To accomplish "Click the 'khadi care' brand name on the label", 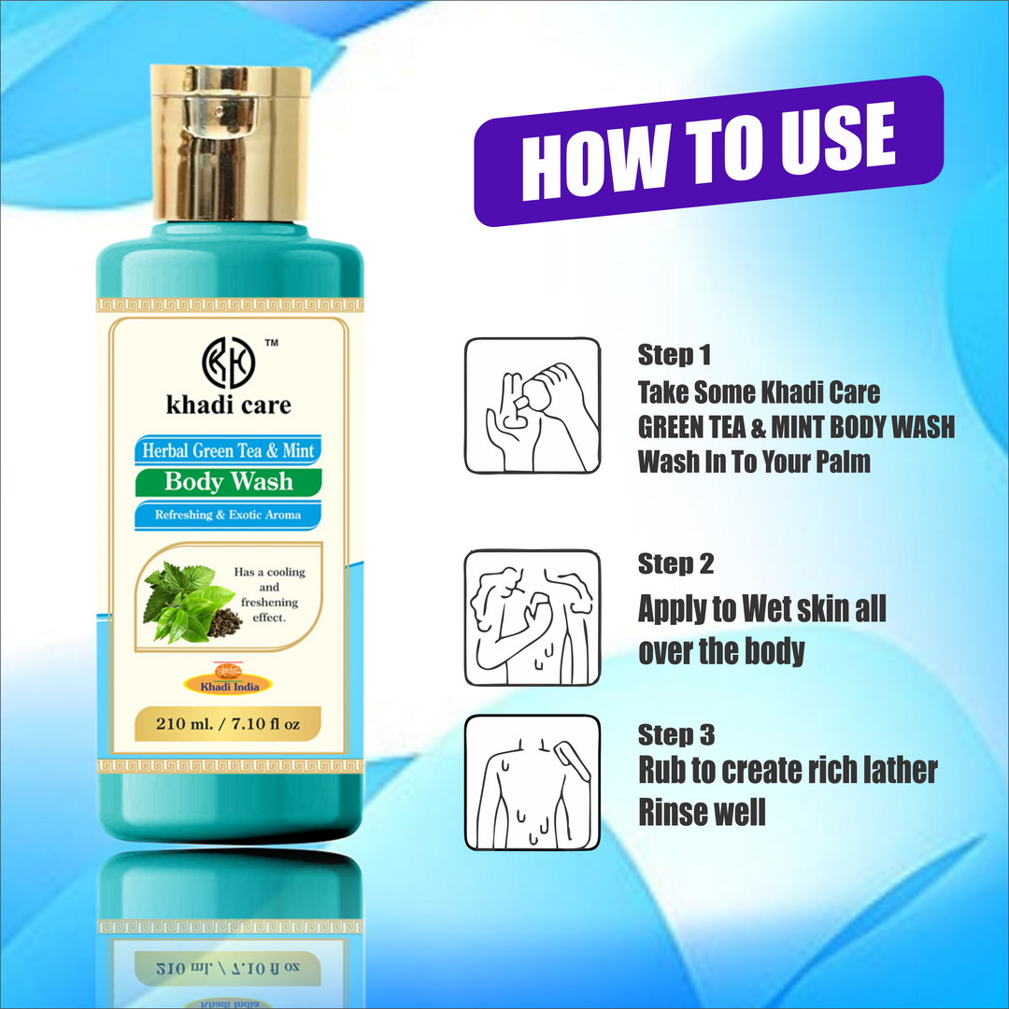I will coord(228,405).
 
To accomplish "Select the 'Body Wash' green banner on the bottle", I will coord(228,482).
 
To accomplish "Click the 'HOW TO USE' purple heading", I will coord(707,149).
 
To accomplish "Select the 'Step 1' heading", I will coord(675,355).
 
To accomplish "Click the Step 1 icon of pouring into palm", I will coord(533,405).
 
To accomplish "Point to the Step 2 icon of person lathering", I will coord(533,617).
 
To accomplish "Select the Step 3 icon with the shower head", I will coord(533,783).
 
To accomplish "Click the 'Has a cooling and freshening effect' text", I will coord(270,594).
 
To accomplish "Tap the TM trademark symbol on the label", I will coord(272,344).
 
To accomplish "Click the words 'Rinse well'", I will coord(702,811).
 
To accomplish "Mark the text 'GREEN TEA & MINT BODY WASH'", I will coord(796,427).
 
